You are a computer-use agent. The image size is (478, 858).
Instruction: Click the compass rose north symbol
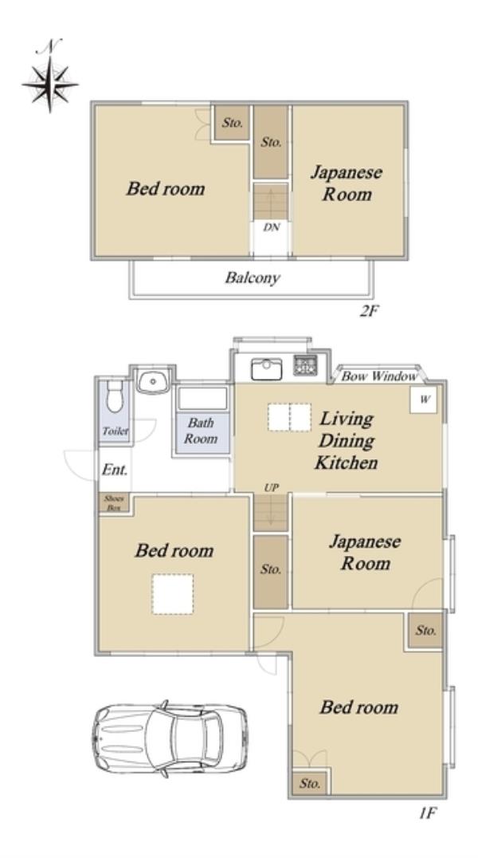[x=49, y=77]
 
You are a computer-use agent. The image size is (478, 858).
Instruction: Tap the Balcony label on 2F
[x=252, y=277]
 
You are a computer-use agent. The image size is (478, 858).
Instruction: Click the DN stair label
[x=271, y=227]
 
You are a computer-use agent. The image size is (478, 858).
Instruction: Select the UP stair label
[x=271, y=487]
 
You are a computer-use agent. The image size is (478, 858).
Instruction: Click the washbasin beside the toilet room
[x=153, y=381]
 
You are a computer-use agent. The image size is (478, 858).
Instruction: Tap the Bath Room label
[x=201, y=431]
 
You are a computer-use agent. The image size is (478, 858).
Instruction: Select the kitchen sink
[x=266, y=369]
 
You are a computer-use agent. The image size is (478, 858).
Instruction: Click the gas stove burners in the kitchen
[x=305, y=365]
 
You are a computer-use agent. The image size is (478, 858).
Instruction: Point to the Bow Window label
[x=378, y=376]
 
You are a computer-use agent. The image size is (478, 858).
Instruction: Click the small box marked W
[x=424, y=400]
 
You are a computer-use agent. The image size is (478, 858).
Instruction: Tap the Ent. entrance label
[x=115, y=470]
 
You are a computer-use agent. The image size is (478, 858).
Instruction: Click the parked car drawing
[x=170, y=738]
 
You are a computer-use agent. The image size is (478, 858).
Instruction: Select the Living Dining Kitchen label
[x=346, y=441]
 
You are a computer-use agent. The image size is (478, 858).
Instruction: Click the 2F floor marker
[x=369, y=311]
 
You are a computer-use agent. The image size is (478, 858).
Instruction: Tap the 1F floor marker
[x=428, y=813]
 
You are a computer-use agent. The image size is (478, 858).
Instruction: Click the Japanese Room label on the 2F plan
[x=347, y=183]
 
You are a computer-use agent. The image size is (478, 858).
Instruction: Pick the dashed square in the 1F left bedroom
[x=173, y=594]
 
